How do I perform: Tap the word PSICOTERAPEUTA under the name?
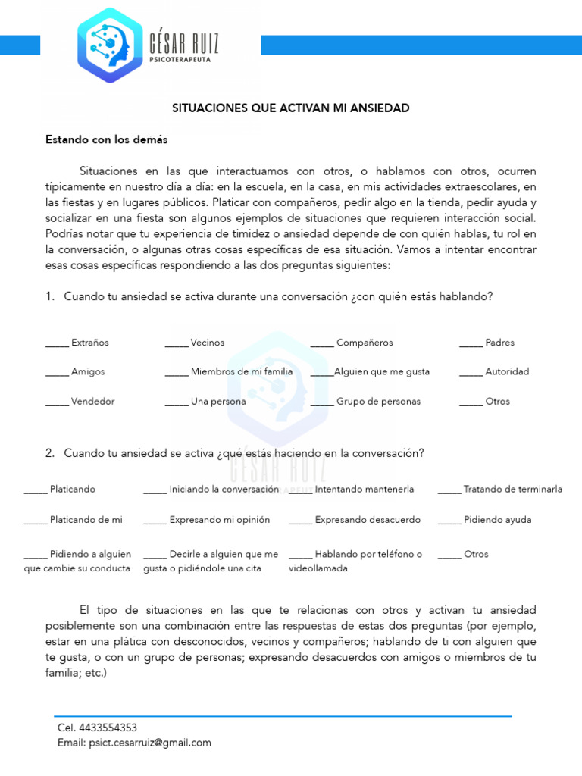pyautogui.click(x=180, y=58)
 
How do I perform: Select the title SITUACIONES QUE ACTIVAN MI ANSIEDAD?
pyautogui.click(x=291, y=108)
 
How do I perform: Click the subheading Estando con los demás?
pyautogui.click(x=107, y=140)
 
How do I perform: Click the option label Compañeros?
pyautogui.click(x=365, y=343)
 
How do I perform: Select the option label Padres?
pyautogui.click(x=499, y=343)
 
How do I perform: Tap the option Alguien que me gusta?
pyautogui.click(x=381, y=371)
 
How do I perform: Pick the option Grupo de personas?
pyautogui.click(x=378, y=401)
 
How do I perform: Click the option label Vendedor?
pyautogui.click(x=92, y=401)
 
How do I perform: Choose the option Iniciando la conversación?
pyautogui.click(x=224, y=490)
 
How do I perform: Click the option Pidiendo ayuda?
pyautogui.click(x=497, y=520)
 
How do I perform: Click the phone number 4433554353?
pyautogui.click(x=108, y=727)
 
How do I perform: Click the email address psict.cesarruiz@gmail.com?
pyautogui.click(x=149, y=743)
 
